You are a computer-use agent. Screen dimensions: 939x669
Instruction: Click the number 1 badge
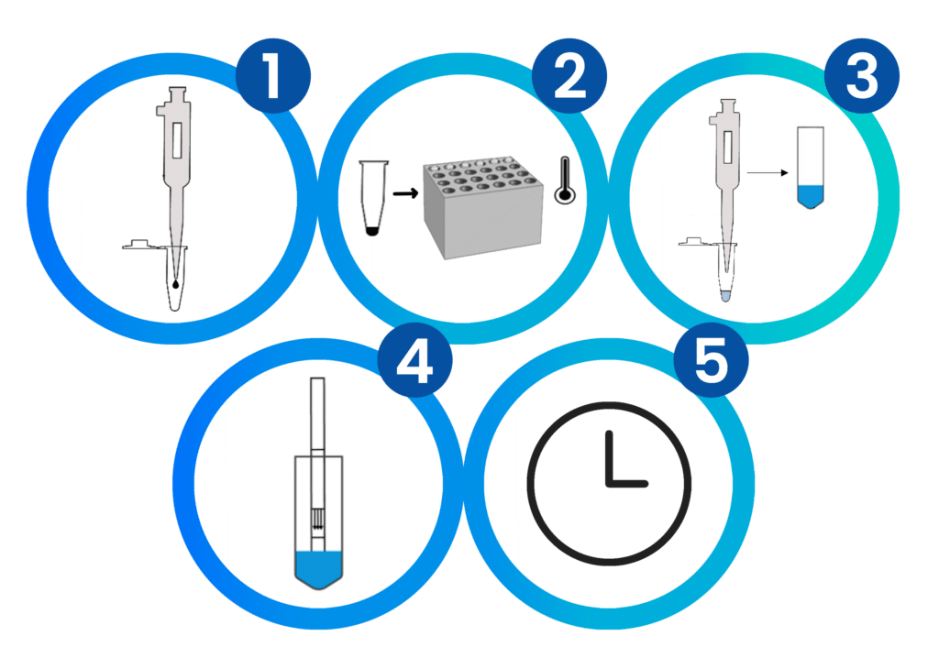coord(273,75)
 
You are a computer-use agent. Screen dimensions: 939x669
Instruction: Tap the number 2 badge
coord(569,75)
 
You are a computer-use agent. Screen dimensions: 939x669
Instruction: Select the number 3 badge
coord(862,75)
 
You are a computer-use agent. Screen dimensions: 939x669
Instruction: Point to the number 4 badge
coord(415,360)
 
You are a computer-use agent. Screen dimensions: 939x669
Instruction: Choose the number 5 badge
coord(711,360)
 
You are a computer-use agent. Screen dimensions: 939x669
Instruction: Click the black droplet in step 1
coord(175,283)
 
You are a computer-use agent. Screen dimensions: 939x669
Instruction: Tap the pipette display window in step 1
coord(177,140)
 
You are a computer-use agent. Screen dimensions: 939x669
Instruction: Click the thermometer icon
coord(565,181)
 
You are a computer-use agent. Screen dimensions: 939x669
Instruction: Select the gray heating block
coord(482,208)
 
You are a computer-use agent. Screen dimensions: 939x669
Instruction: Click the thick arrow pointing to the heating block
coord(405,193)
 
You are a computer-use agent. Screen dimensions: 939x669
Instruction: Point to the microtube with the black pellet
coord(372,197)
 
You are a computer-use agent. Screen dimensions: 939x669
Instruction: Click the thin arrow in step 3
coord(768,173)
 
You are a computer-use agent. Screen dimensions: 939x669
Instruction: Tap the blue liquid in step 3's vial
coord(811,196)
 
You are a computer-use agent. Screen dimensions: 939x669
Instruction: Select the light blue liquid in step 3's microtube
coord(726,296)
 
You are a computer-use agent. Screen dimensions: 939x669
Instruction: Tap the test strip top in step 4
coord(317,413)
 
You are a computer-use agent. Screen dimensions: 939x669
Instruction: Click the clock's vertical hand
coord(610,458)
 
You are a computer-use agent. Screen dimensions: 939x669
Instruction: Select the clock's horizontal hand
coord(627,483)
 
